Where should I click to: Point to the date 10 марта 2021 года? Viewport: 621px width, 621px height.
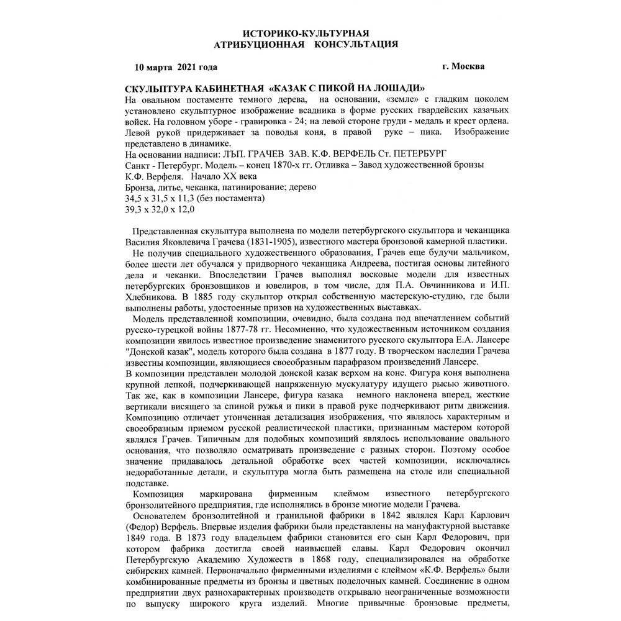pyautogui.click(x=176, y=66)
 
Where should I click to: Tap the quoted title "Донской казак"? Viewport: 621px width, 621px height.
pyautogui.click(x=159, y=351)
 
